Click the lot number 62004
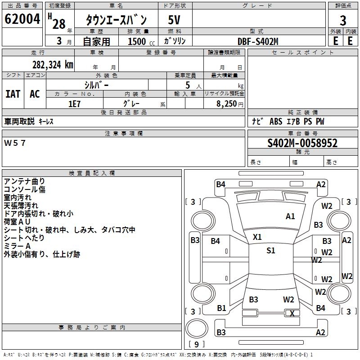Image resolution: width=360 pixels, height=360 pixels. tap(22, 20)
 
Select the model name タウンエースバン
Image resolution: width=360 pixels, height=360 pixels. tap(117, 20)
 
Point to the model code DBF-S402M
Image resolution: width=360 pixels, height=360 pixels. tap(258, 41)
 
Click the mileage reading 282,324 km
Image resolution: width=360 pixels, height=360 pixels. tap(53, 64)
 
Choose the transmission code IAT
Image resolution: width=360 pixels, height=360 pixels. tap(13, 94)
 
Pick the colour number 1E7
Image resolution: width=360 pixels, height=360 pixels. tap(74, 103)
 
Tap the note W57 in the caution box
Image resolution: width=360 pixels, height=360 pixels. tap(15, 143)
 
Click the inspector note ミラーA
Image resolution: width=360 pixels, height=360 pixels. tap(17, 246)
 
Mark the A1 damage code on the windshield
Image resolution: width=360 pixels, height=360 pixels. tap(290, 216)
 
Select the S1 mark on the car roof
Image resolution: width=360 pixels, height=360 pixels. tap(270, 251)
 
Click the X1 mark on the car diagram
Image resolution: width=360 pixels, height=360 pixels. tap(257, 237)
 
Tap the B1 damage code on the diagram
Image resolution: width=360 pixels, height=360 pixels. tap(221, 308)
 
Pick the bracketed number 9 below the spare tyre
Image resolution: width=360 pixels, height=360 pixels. tap(196, 345)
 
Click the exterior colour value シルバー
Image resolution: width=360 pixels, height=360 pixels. tap(96, 84)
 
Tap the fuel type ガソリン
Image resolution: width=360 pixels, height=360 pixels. tap(175, 41)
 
